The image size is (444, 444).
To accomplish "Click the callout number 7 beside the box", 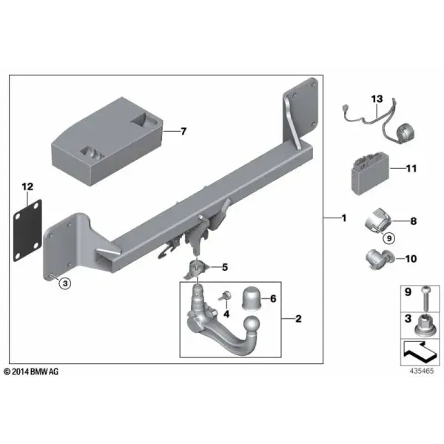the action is (x=184, y=132).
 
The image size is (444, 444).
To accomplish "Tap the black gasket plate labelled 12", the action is (x=27, y=230).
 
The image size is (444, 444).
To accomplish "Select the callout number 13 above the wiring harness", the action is (x=377, y=99).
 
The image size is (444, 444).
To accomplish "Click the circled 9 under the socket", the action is (x=388, y=238).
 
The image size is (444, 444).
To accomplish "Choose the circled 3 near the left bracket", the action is (x=65, y=283).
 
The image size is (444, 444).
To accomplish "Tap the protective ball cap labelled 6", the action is (x=251, y=298).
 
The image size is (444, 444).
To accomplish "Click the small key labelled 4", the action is (x=226, y=296).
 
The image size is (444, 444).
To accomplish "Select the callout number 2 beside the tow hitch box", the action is (x=298, y=319).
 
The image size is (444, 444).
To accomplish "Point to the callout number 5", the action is (x=225, y=267).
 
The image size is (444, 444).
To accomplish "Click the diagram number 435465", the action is (x=422, y=371).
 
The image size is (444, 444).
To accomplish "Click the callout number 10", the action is (x=411, y=258).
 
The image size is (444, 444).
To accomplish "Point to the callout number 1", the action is (x=344, y=218).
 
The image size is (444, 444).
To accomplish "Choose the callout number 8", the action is (x=414, y=221).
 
